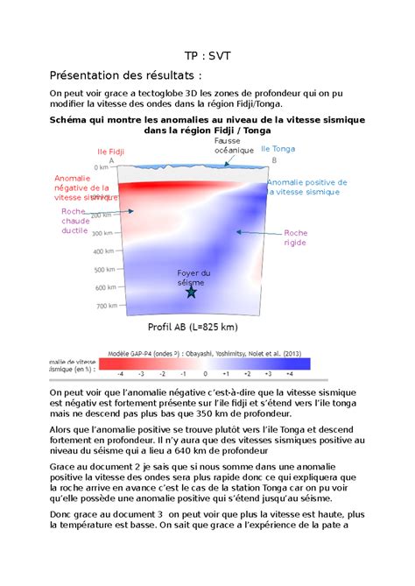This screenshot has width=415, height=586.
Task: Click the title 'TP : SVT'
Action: tap(207, 54)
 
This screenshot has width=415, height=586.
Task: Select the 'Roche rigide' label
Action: tap(295, 238)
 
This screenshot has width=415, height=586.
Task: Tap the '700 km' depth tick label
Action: tap(106, 306)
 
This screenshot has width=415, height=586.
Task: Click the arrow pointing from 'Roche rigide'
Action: tap(256, 233)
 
